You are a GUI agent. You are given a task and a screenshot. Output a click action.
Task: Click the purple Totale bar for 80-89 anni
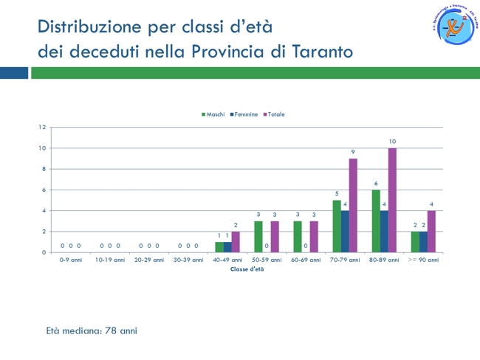pyautogui.click(x=392, y=200)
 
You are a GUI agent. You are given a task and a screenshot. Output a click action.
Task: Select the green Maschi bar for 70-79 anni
pyautogui.click(x=337, y=226)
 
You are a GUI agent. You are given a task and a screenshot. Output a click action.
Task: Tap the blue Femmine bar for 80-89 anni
pyautogui.click(x=384, y=232)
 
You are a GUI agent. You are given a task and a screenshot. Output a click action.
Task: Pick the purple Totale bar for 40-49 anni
pyautogui.click(x=236, y=242)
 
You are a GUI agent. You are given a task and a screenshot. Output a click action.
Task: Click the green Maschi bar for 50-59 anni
pyautogui.click(x=258, y=237)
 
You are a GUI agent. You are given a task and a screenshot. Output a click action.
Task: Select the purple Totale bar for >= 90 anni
pyautogui.click(x=431, y=232)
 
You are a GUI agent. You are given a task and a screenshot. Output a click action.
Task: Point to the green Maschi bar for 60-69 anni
pyautogui.click(x=298, y=237)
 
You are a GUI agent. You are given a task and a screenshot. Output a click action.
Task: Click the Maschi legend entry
pyautogui.click(x=214, y=114)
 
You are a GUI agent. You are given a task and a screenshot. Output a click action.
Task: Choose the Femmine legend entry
pyautogui.click(x=245, y=114)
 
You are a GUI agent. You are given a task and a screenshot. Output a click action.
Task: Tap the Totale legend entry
pyautogui.click(x=275, y=114)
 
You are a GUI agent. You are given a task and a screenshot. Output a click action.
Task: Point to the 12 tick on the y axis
pyautogui.click(x=42, y=127)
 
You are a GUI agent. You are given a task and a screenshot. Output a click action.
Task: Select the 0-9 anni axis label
pyautogui.click(x=71, y=260)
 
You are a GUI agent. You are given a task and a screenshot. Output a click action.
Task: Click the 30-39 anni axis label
pyautogui.click(x=188, y=260)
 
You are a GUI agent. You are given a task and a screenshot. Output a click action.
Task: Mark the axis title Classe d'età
pyautogui.click(x=247, y=269)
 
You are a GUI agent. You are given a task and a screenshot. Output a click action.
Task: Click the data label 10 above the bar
pyautogui.click(x=392, y=141)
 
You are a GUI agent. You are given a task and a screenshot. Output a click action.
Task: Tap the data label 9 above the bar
pyautogui.click(x=353, y=151)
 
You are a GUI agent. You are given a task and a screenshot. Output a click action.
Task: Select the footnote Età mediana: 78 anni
pyautogui.click(x=92, y=330)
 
